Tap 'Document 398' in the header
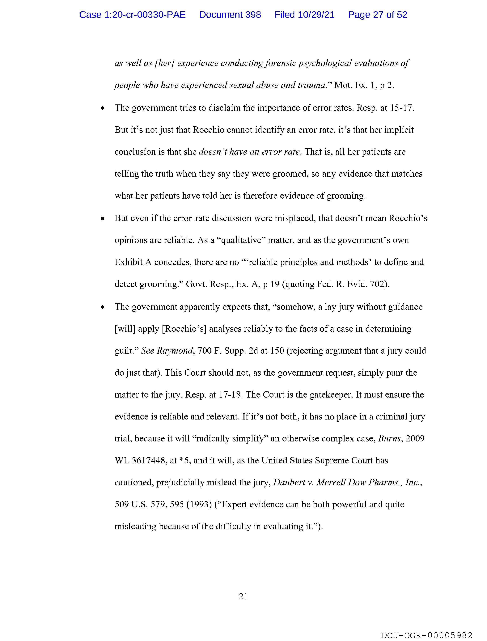point(230,15)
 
